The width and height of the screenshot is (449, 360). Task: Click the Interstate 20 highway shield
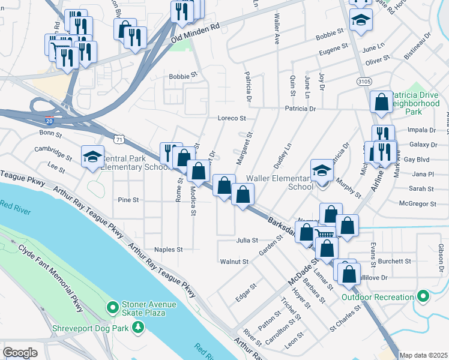click(49, 121)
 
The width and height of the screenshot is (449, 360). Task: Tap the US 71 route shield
click(120, 139)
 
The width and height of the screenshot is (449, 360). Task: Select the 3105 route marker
click(363, 80)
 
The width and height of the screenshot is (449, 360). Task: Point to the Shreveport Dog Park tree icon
click(139, 327)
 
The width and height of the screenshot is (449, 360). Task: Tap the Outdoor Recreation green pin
click(423, 296)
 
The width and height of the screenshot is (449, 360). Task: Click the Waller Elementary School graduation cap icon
click(322, 171)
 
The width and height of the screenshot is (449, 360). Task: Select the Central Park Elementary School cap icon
click(92, 157)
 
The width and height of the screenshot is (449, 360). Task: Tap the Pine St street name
click(128, 200)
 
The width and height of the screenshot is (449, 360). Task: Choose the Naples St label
click(168, 249)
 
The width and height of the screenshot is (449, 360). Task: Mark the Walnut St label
click(234, 262)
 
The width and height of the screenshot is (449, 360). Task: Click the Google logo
click(20, 352)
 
